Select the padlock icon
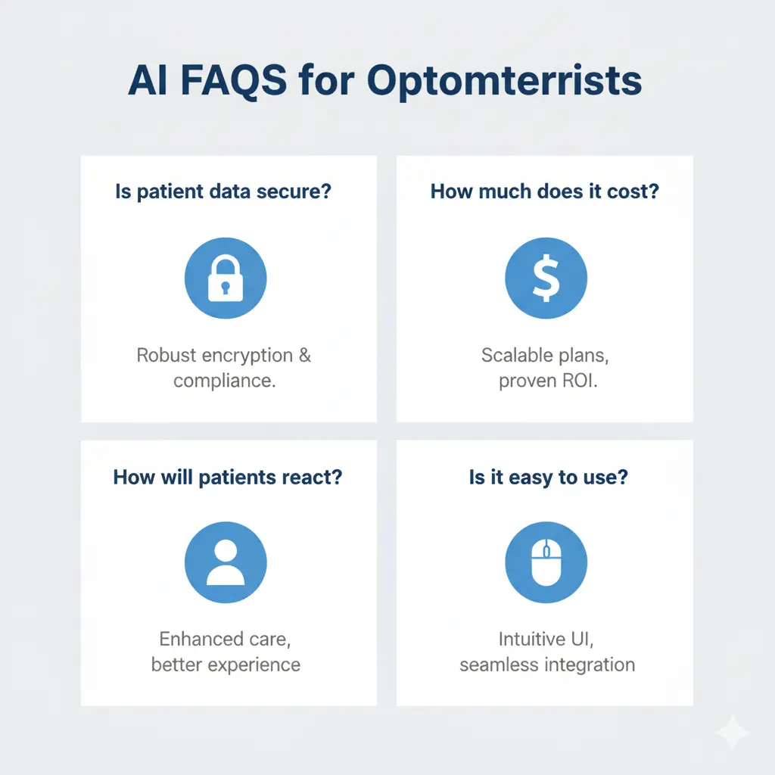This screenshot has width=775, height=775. [x=226, y=278]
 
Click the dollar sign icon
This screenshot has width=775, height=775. [x=546, y=278]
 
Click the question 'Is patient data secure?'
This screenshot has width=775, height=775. [x=223, y=191]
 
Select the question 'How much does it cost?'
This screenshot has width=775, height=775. [x=545, y=191]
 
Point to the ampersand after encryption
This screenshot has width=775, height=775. [x=304, y=355]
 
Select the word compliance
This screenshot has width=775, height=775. [x=224, y=380]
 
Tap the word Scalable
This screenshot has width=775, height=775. [x=514, y=355]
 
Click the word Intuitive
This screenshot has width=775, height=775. [x=530, y=640]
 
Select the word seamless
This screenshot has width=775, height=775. [x=496, y=665]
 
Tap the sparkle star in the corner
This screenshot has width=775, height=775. [x=732, y=731]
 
